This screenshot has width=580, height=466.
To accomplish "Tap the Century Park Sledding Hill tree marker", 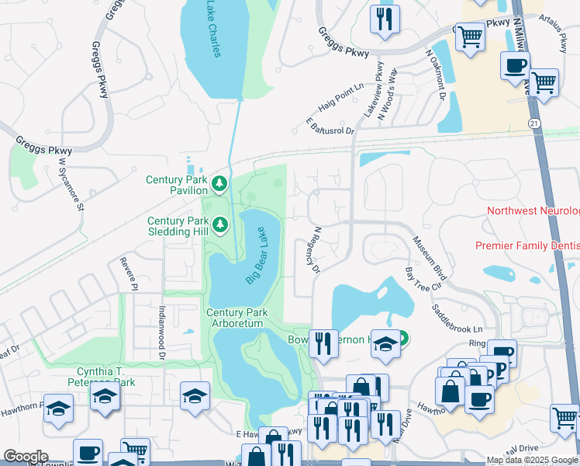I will (220, 225).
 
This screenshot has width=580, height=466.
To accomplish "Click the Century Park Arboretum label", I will (237, 318).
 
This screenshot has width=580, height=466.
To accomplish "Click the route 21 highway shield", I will (534, 123).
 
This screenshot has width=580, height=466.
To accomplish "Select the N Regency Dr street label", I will (316, 250).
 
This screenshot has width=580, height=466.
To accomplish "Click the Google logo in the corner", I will (26, 457).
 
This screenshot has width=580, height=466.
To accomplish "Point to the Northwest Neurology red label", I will (533, 211).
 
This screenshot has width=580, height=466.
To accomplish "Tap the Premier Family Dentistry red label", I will (527, 245).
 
